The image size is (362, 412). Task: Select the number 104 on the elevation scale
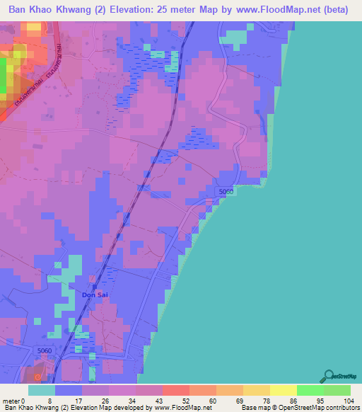pos(347,401)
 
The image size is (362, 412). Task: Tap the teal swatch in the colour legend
pos(41,390)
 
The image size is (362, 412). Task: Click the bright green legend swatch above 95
pos(310,390)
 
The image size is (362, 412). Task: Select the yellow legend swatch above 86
pos(283,390)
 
